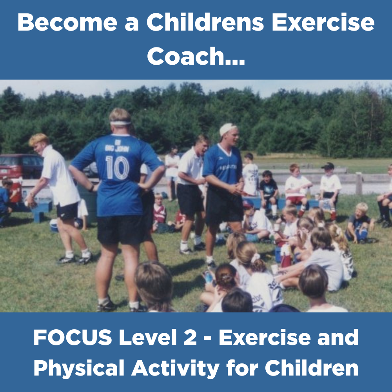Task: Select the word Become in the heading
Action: coord(67,22)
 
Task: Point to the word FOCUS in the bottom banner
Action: coord(73,338)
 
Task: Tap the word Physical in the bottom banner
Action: coord(79,368)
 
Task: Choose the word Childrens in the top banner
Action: coord(205,22)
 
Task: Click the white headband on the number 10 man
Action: coord(120,123)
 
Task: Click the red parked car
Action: coord(21,166)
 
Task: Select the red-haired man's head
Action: coord(38,144)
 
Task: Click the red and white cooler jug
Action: coord(16,191)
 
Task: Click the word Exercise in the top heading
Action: coord(323,22)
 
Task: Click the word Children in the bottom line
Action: coord(312,368)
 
